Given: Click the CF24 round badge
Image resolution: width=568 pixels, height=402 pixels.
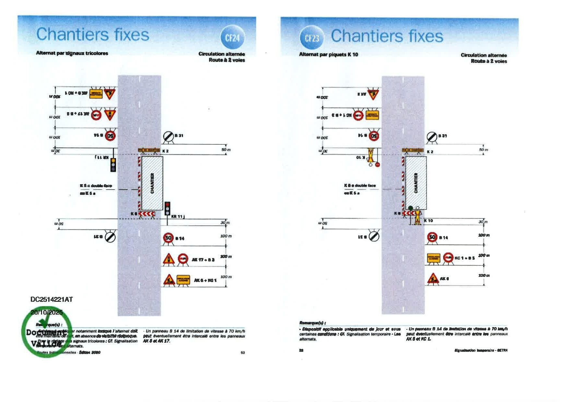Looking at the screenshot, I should point(232,38).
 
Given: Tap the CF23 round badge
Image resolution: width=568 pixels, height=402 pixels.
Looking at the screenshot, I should point(312,38).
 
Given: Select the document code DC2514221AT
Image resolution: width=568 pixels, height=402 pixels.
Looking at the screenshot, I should point(52,299).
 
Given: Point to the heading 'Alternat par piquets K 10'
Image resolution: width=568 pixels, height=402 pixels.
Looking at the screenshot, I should point(328,54).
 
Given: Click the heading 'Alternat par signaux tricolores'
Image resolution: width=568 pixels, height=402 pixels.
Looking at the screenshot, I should point(72,53).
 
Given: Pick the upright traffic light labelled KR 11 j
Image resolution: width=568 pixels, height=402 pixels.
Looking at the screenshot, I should point(167,209).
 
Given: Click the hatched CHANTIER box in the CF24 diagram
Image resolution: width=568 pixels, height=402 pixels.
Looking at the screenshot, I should point(152,183).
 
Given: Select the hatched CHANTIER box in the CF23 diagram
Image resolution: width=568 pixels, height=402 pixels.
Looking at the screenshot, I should point(416,183).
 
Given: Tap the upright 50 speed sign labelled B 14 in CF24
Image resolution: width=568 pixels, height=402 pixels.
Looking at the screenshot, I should point(168,238).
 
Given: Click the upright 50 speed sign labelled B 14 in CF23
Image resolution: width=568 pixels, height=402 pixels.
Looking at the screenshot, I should point(432,237).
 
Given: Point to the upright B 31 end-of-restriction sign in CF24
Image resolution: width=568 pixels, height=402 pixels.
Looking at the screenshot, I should point(168,136).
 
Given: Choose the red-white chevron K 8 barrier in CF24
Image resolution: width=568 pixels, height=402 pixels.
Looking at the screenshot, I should point(147,214).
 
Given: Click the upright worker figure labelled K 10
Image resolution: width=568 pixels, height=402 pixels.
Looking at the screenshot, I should point(418,217).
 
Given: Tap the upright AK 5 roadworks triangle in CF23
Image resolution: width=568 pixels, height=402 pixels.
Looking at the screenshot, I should point(433,278).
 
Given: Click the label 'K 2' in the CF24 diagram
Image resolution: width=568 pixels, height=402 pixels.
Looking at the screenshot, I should point(165,151).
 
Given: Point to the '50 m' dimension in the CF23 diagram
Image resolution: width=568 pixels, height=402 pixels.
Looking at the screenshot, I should point(483,149).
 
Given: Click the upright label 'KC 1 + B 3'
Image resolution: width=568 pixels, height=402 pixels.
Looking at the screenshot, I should point(465,258).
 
